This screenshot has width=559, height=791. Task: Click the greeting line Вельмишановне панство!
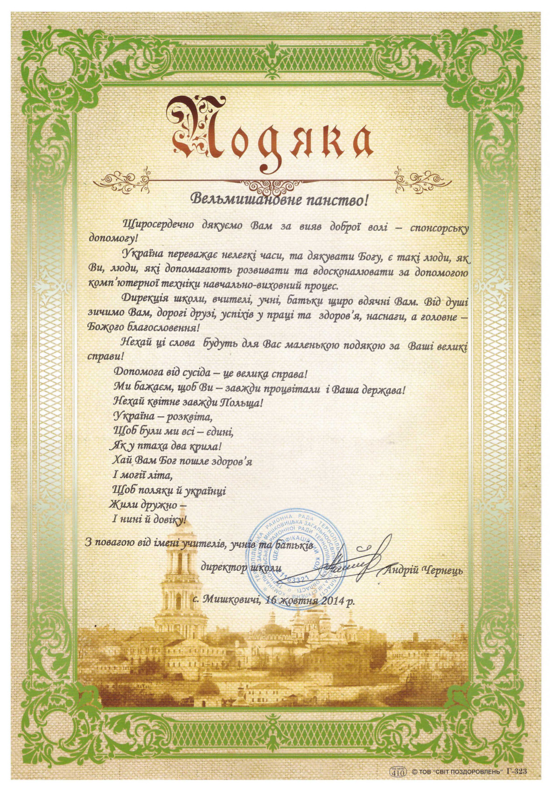click(x=279, y=200)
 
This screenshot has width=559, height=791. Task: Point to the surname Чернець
click(x=441, y=570)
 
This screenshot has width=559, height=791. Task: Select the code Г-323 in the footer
click(x=516, y=772)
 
